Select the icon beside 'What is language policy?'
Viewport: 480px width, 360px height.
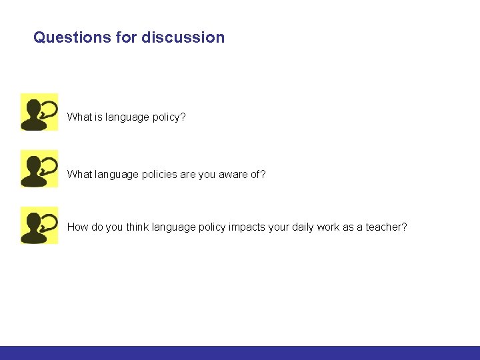[x=39, y=112]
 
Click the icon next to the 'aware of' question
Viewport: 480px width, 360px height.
[x=39, y=169]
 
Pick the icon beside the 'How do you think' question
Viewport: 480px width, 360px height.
[x=39, y=225]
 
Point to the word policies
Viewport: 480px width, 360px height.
[x=159, y=175]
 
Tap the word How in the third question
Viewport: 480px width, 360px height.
[x=77, y=227]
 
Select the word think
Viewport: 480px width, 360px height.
[x=137, y=227]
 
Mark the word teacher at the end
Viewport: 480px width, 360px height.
[x=386, y=227]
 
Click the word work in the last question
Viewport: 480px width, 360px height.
[x=328, y=227]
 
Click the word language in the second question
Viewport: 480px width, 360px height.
[x=116, y=175]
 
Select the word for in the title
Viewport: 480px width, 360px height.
[x=126, y=37]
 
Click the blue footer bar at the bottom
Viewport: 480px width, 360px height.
[x=240, y=353]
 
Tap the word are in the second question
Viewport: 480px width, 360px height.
[x=188, y=175]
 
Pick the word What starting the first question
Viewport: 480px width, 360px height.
[x=79, y=117]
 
